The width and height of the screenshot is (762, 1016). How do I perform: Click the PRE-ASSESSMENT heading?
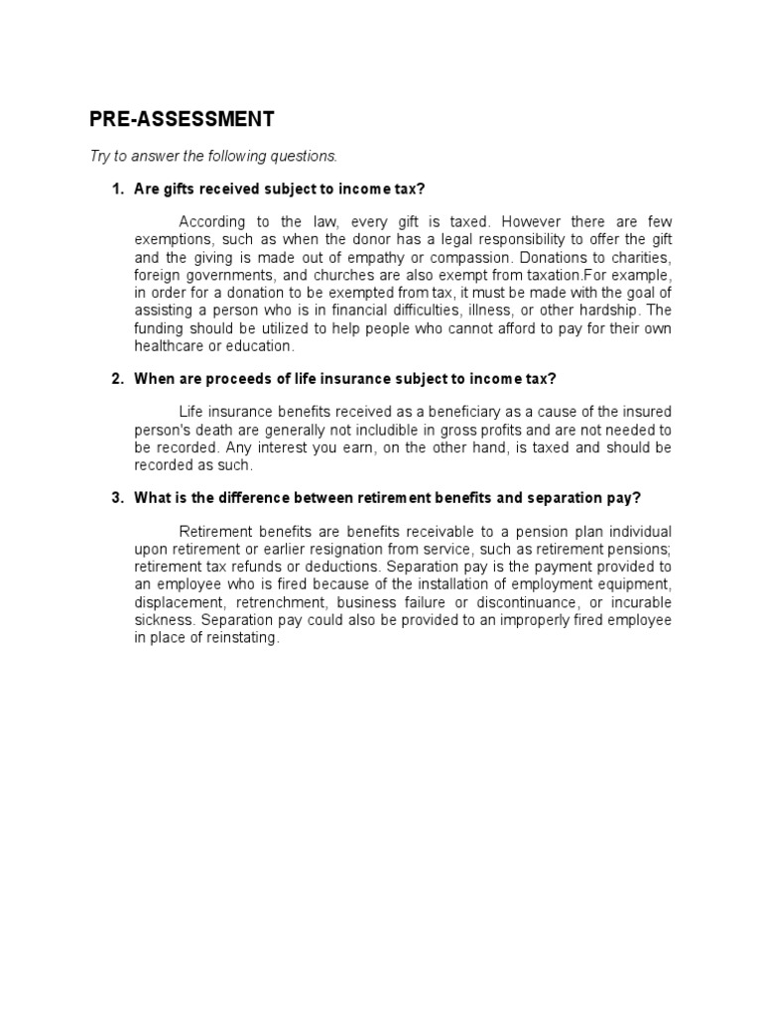[182, 120]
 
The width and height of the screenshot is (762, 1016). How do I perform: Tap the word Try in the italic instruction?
[101, 156]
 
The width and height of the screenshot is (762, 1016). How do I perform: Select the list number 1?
[116, 189]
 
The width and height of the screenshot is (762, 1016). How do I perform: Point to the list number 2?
[116, 378]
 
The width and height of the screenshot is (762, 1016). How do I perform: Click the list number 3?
[116, 497]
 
